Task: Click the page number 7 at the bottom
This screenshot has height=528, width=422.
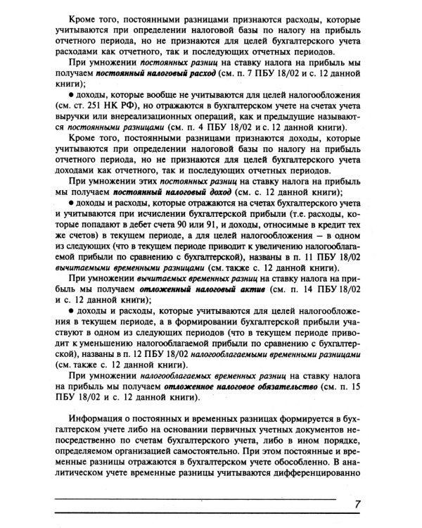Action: pos(357,505)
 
